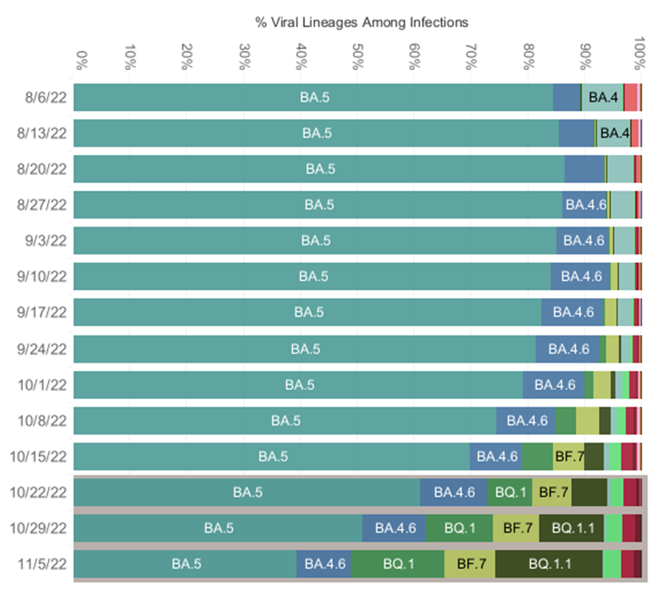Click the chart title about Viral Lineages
coord(362,22)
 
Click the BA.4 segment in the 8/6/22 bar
coord(603,97)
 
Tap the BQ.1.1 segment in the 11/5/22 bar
coord(549,564)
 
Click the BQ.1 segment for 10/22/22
coord(509,492)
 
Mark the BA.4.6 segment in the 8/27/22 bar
coord(585,205)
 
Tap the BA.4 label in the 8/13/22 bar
coord(614,133)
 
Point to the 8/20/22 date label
coord(43,169)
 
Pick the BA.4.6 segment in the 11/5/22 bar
coord(324,564)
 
